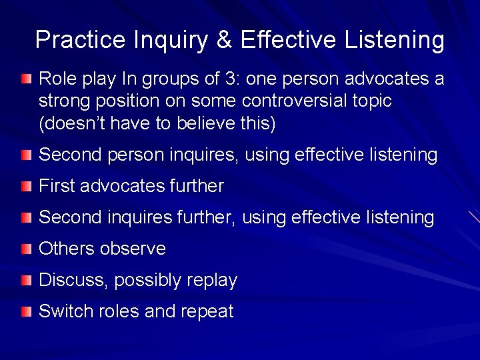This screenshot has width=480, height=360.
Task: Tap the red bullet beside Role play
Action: pos(25,80)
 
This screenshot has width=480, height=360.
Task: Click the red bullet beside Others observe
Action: pos(25,249)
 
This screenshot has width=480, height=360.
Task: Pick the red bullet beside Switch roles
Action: pos(25,312)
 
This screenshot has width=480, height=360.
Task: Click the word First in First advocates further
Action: pos(57,186)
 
